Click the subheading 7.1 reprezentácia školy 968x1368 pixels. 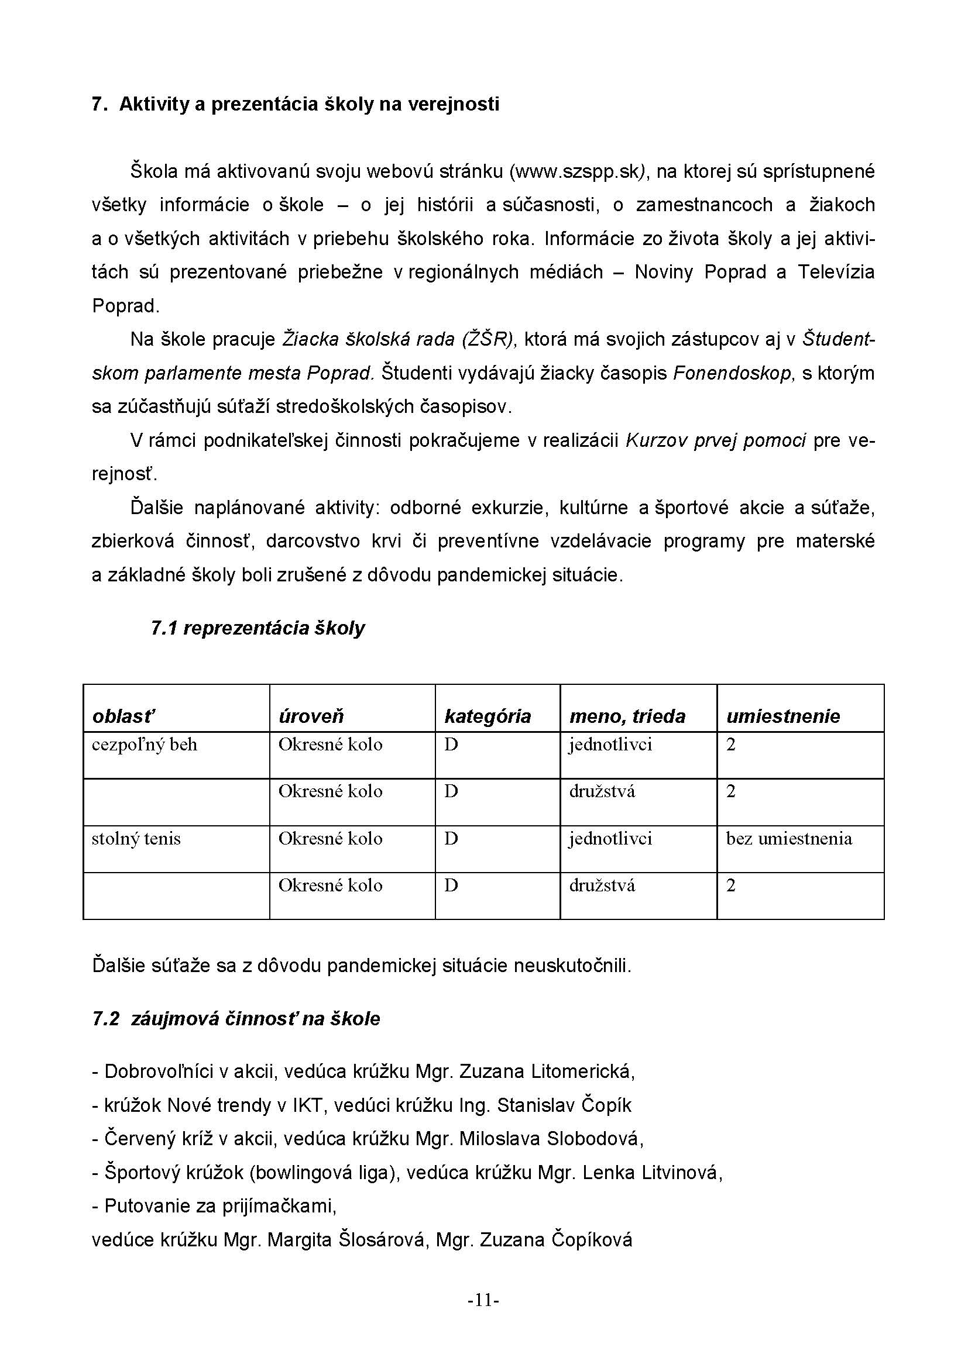(x=258, y=628)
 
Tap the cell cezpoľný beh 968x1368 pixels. (x=144, y=745)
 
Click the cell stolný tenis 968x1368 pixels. (x=136, y=839)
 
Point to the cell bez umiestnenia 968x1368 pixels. (x=788, y=839)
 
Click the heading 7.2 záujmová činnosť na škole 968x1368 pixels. (x=236, y=1019)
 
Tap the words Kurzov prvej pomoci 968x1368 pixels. (x=715, y=441)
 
